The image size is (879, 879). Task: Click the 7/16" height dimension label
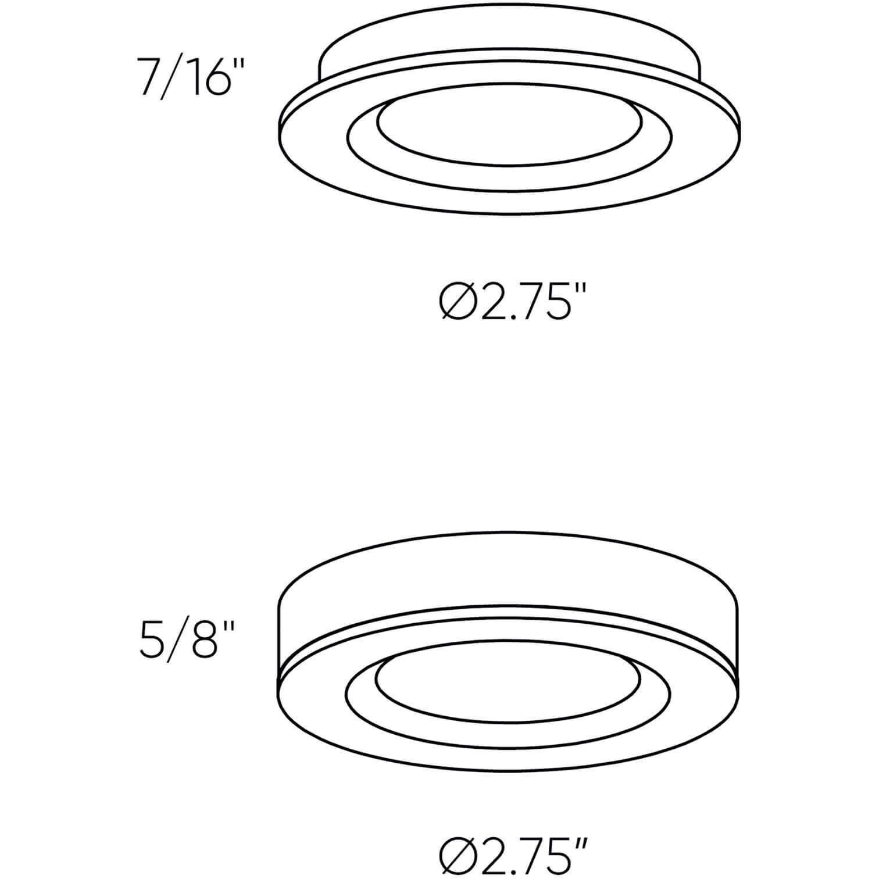pyautogui.click(x=185, y=75)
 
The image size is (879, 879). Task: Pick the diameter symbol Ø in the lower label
pyautogui.click(x=456, y=857)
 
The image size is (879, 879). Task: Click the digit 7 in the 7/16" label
pyautogui.click(x=148, y=76)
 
